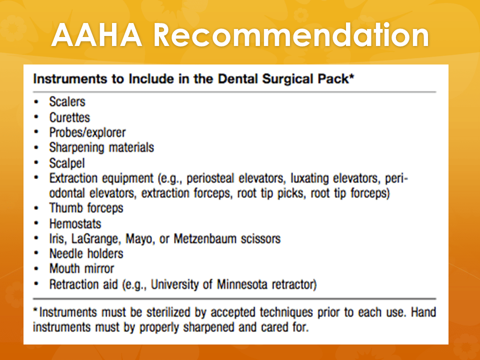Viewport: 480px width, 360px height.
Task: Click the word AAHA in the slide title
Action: [96, 35]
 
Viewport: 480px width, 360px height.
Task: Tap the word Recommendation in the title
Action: [291, 35]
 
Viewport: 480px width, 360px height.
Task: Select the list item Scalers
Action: [67, 101]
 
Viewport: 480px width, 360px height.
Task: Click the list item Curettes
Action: [70, 117]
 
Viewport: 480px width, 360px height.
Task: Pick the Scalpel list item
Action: [67, 163]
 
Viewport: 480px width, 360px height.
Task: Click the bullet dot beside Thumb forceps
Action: [36, 208]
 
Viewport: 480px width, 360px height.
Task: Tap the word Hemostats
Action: [75, 224]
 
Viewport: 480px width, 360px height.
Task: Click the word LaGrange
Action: [95, 239]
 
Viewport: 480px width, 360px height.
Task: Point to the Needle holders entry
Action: [86, 254]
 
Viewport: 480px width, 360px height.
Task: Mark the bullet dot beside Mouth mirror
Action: [36, 269]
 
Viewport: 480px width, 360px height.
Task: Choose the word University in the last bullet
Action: [175, 284]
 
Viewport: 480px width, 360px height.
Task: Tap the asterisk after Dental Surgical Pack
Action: [351, 76]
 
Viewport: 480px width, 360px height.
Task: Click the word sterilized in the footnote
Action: [168, 312]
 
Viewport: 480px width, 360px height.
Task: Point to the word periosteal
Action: [210, 178]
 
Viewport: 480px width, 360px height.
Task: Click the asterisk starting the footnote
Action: [36, 310]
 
